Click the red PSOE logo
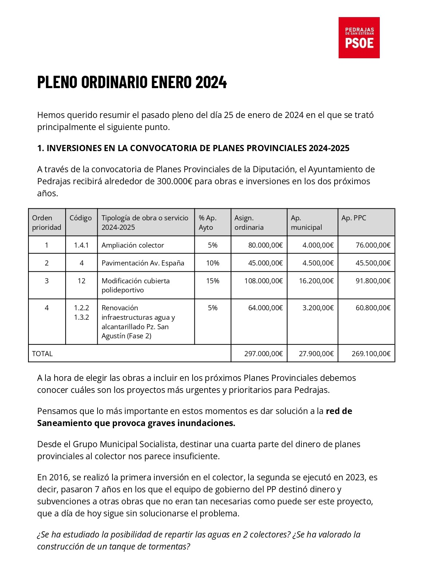pos(359,38)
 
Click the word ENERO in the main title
pos(171,82)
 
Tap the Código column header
pos(81,218)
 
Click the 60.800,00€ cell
pos(373,308)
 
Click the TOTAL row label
pos(43,354)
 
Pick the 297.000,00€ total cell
pos(263,354)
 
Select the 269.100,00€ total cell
pos(371,354)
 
